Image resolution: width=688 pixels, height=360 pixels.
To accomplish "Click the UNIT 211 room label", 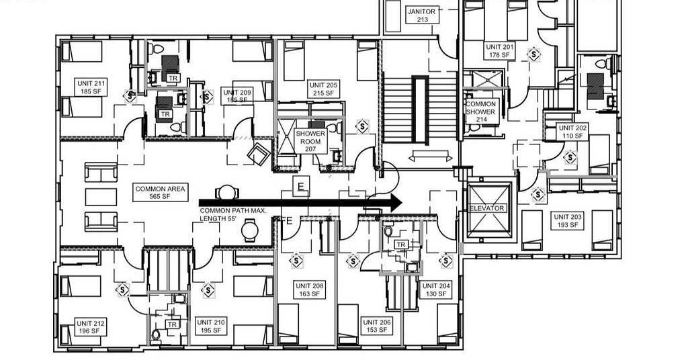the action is point(91,87).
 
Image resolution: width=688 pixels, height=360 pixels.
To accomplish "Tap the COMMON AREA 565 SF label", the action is point(160,193).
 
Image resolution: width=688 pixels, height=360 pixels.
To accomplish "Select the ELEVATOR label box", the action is point(487,208).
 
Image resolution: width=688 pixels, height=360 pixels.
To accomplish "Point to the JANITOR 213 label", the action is point(422,15).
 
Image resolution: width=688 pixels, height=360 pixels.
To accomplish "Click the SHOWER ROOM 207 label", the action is point(310,141).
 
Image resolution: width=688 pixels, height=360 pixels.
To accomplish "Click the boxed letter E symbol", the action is point(300,187).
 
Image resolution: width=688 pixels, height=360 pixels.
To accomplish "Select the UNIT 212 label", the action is point(90,326).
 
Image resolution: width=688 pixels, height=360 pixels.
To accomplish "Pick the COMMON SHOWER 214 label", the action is point(481,111).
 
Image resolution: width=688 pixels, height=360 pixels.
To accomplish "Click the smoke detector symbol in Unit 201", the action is point(533,54).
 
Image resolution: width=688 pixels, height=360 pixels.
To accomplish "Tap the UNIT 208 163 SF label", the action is point(309,290).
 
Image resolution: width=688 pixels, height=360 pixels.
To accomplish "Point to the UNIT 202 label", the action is point(572,132).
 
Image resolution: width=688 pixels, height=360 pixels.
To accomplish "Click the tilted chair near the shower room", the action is point(259,153).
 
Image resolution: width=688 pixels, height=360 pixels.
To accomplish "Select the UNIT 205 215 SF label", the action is point(323,89).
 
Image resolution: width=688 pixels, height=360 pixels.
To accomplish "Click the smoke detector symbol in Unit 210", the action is point(208,290).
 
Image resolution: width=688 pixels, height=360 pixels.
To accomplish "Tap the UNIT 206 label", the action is point(377,326).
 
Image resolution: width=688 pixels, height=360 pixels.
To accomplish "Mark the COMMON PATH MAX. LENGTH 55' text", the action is point(233,214).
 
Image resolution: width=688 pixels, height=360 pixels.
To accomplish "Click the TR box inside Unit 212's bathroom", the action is point(172,324).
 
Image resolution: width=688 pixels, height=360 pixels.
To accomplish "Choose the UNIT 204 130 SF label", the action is point(435,290).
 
